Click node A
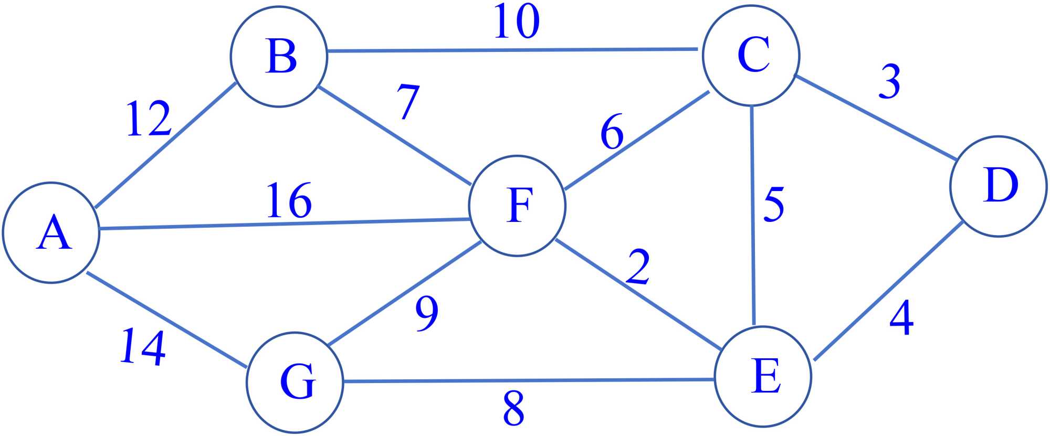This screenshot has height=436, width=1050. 51,232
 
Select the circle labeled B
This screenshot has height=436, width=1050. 279,56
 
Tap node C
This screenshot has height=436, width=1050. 751,55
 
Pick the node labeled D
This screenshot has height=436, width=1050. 999,186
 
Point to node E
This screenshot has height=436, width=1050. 763,376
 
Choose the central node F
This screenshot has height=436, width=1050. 517,206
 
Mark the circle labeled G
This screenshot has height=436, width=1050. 295,382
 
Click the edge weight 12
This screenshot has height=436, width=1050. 149,119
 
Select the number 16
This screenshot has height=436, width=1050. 289,200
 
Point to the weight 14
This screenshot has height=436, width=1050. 143,347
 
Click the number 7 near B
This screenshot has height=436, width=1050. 408,102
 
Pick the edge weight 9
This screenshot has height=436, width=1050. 427,313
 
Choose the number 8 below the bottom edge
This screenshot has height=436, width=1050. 513,408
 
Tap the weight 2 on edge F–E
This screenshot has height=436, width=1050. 638,267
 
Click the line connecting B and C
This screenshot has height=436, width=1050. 512,50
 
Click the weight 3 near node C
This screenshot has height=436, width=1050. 889,81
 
